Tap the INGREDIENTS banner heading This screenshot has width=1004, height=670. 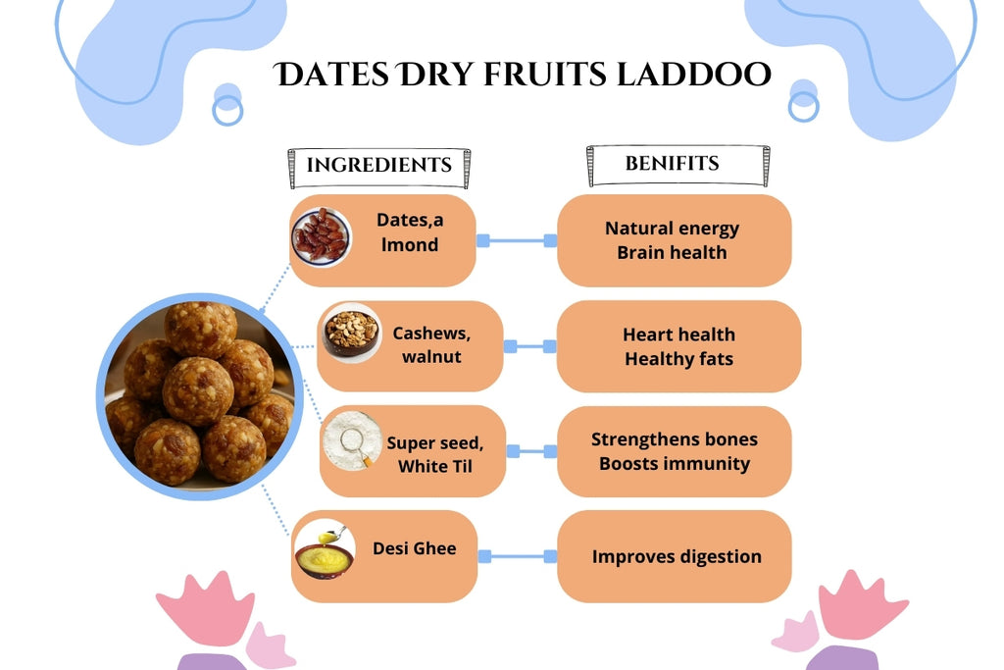(x=378, y=165)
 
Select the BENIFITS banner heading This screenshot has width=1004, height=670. (x=672, y=163)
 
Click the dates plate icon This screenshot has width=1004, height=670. (x=321, y=236)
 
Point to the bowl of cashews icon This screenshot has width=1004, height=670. (x=351, y=332)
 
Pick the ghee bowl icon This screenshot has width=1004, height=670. (x=325, y=550)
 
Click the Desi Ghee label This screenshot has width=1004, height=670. (x=414, y=548)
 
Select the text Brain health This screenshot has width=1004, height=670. (x=672, y=252)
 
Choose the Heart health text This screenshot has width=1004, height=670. (x=678, y=335)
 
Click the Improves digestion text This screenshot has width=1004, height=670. (x=677, y=556)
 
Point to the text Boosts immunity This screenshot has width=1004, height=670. (x=675, y=463)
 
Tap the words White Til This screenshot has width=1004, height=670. (x=434, y=466)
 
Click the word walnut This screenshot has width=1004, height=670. (x=430, y=356)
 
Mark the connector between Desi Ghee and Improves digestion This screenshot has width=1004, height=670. (x=517, y=556)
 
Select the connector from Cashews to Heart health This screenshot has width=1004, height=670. (x=529, y=345)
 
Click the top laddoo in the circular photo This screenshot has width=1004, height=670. (x=200, y=328)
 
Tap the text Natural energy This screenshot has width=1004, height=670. (x=672, y=229)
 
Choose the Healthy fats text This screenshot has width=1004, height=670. (x=678, y=359)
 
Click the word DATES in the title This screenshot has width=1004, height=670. (x=332, y=75)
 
